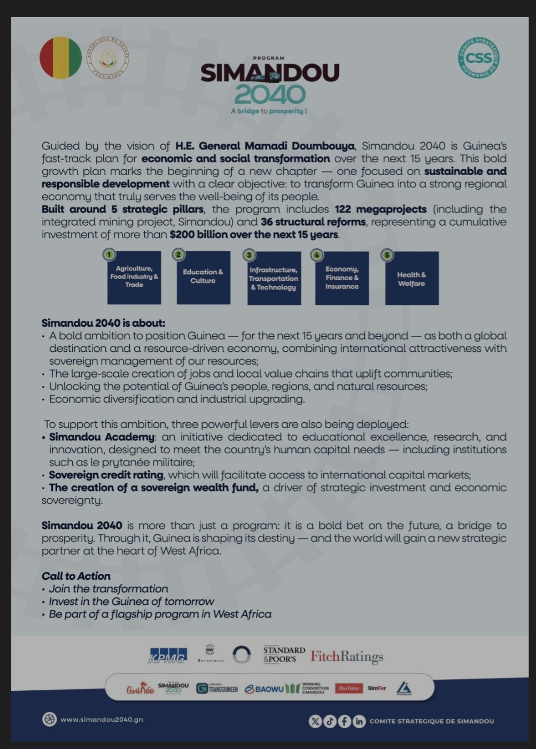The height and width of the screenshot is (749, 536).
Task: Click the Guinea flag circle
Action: (x=60, y=58)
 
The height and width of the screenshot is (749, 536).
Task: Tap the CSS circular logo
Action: (x=478, y=57)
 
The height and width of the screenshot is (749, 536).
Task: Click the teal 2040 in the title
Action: (x=270, y=95)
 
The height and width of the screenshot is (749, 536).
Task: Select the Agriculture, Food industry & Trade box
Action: (x=134, y=278)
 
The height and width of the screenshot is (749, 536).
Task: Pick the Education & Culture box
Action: (x=203, y=278)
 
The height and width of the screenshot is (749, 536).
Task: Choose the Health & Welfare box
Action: (x=411, y=279)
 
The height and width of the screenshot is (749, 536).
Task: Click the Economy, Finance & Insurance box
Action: (x=342, y=278)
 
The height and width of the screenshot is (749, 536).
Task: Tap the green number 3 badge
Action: (x=249, y=255)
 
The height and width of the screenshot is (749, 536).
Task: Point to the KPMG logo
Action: (x=168, y=656)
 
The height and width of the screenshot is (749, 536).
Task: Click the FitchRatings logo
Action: (x=347, y=656)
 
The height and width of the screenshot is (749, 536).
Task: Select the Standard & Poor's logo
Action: (x=284, y=655)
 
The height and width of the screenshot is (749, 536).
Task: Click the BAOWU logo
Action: (x=265, y=689)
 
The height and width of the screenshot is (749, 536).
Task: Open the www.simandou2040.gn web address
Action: (x=102, y=719)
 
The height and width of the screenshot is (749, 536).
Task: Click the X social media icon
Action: (x=315, y=721)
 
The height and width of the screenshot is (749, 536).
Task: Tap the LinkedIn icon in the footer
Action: (x=359, y=721)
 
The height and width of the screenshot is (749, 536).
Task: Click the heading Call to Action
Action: (x=76, y=576)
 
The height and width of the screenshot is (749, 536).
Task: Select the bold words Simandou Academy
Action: (x=102, y=437)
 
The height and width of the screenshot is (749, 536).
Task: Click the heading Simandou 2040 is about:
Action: (x=104, y=323)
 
